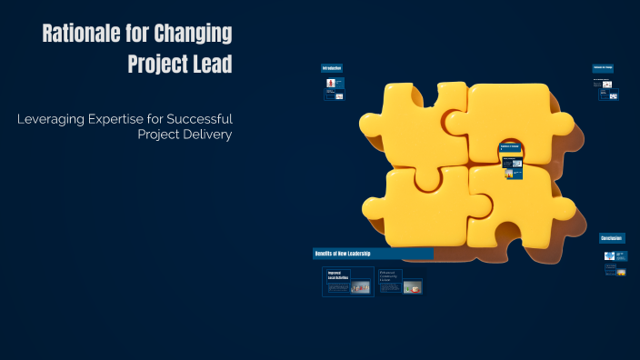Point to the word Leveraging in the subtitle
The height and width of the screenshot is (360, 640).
click(x=54, y=119)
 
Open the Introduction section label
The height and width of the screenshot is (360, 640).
click(x=331, y=68)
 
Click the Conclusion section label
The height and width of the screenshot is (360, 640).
click(x=612, y=238)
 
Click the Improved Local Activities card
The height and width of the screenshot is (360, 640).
click(x=348, y=282)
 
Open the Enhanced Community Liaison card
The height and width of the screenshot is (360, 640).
click(x=401, y=282)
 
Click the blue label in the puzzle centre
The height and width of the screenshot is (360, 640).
click(x=510, y=147)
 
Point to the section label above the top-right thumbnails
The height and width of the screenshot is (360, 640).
click(x=604, y=68)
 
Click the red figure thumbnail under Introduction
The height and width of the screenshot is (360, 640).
click(x=330, y=84)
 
